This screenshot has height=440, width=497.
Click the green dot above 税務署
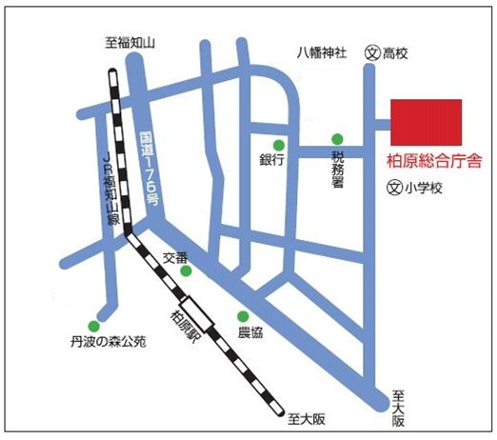point(335,138)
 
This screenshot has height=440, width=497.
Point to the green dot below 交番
point(186,271)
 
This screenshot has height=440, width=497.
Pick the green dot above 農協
point(243,317)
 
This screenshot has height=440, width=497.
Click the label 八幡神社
point(322,54)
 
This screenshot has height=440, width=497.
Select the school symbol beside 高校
point(372,54)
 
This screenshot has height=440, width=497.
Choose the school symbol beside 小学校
point(392,189)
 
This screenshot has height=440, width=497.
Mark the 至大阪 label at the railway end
point(306,415)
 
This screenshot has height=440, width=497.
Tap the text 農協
point(251,335)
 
